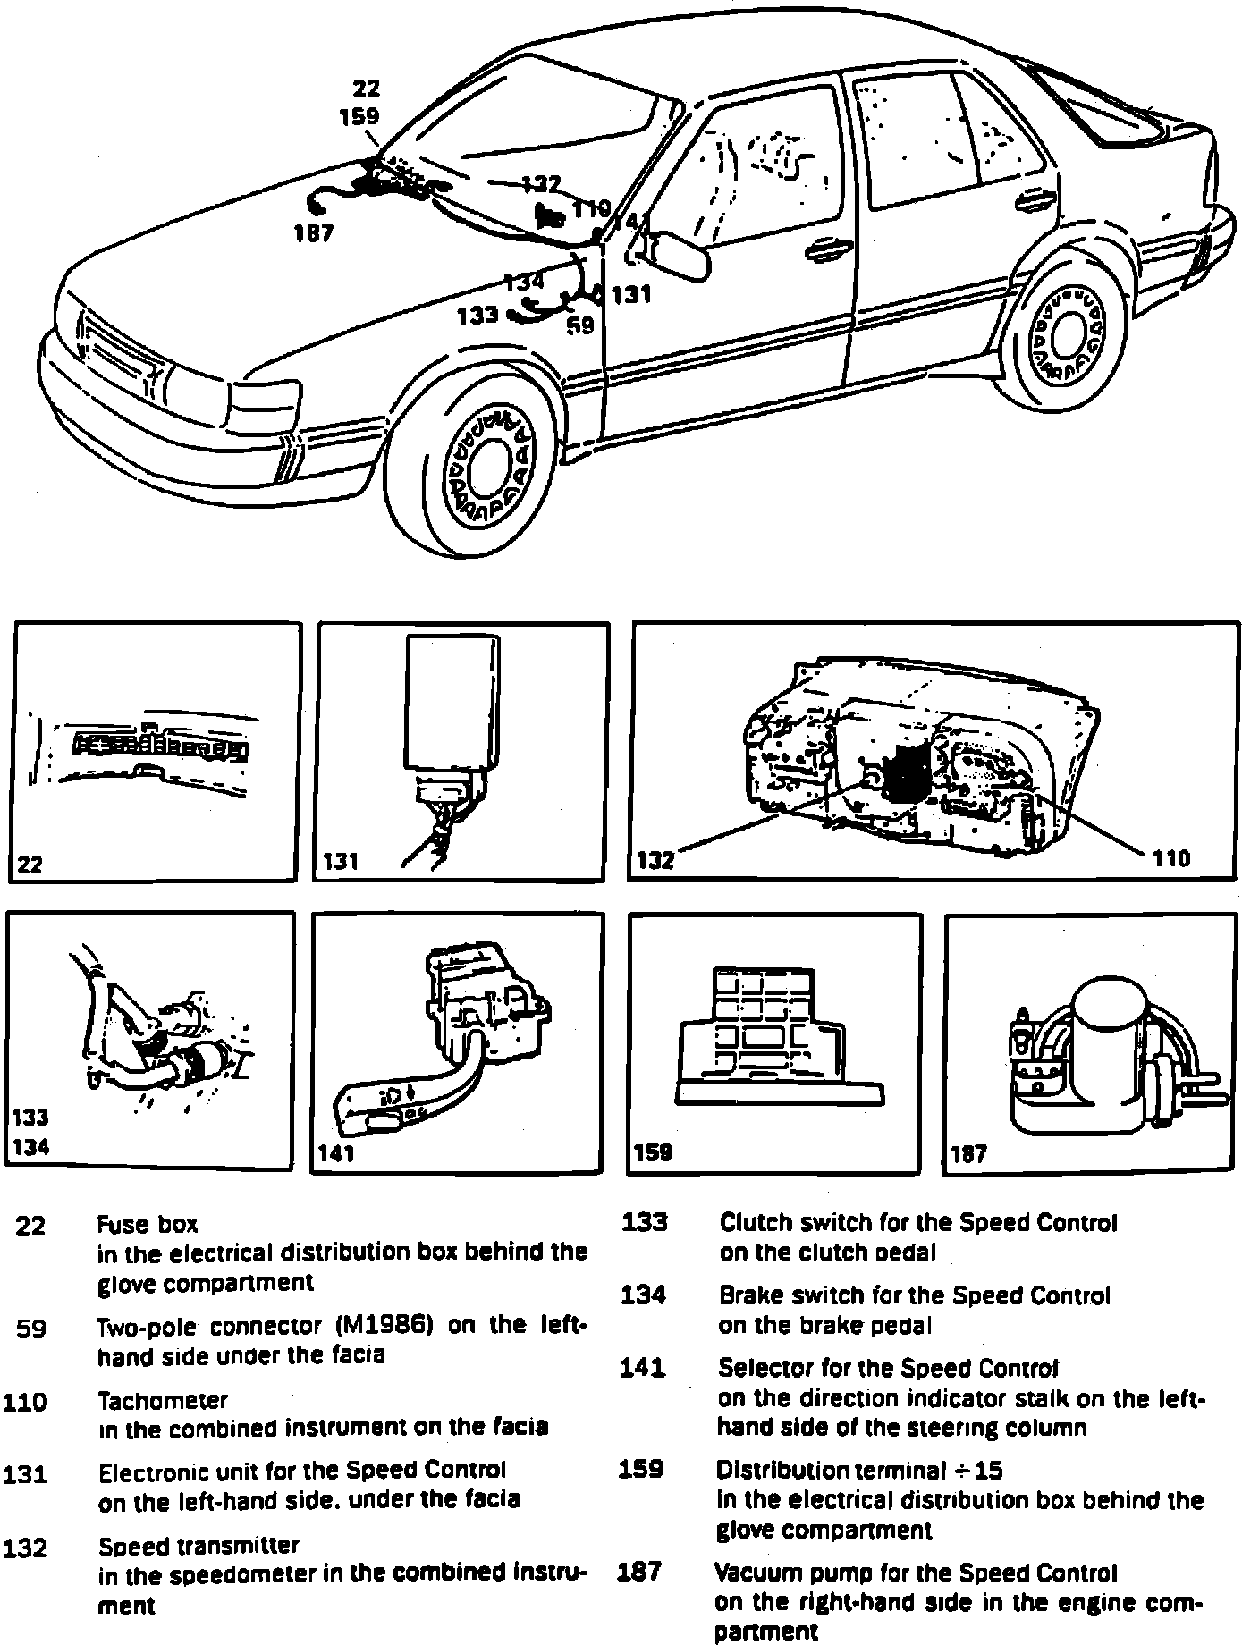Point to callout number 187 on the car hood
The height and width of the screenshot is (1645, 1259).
tap(313, 234)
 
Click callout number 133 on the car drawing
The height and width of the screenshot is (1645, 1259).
tap(477, 316)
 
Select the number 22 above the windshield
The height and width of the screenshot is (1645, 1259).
tap(366, 88)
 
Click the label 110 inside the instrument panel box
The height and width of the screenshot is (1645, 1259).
tap(1171, 859)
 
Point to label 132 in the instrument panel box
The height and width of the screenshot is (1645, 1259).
tap(655, 861)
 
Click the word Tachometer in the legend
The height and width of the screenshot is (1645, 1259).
tap(162, 1400)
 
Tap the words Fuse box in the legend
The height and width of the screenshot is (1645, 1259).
tap(148, 1224)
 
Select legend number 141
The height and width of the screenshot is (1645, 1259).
tap(642, 1368)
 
